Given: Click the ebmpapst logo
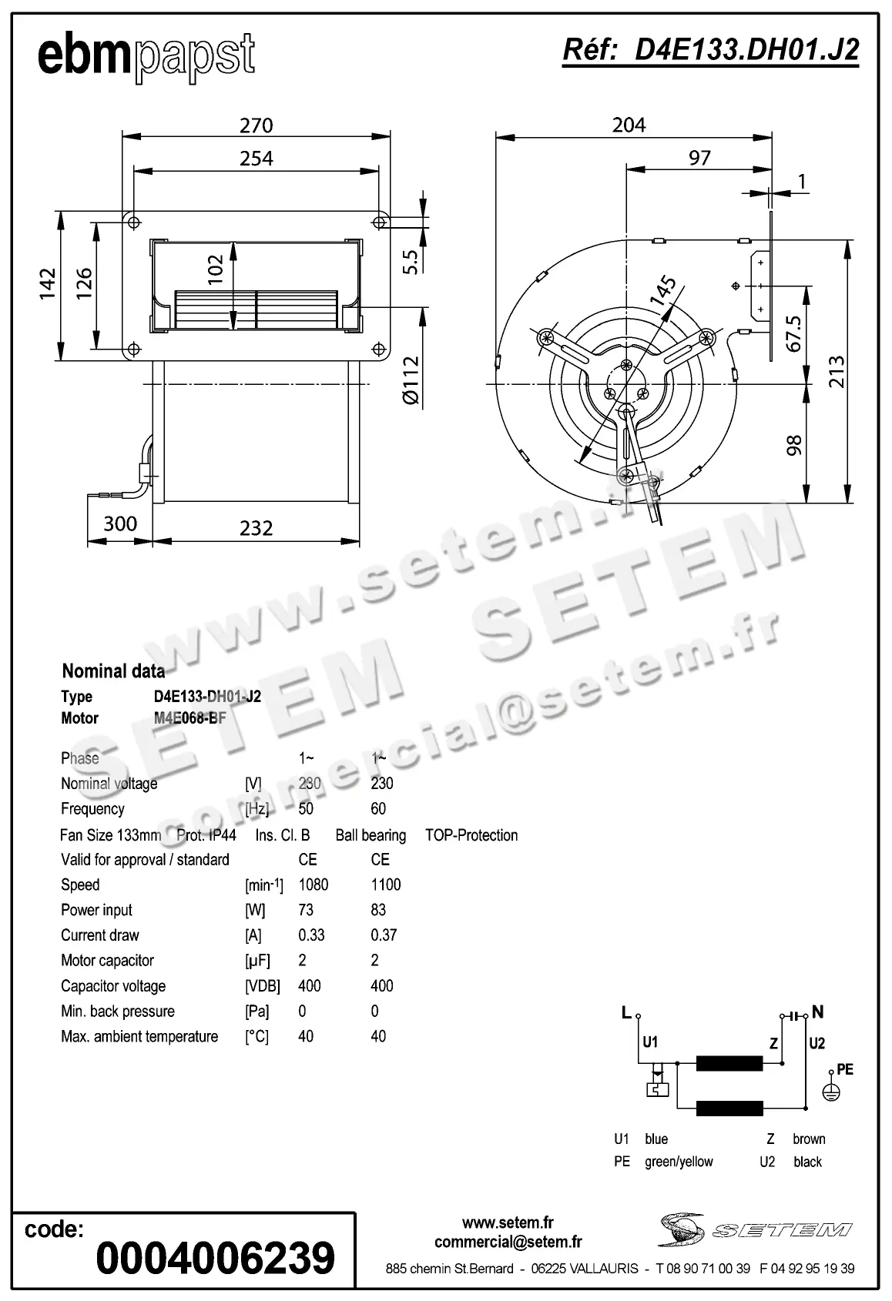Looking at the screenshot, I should pyautogui.click(x=146, y=56).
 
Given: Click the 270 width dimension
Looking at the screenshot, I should pyautogui.click(x=256, y=125).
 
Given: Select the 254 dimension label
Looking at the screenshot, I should pyautogui.click(x=256, y=159).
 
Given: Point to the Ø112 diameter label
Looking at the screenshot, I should pyautogui.click(x=411, y=380).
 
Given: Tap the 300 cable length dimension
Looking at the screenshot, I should pyautogui.click(x=120, y=523).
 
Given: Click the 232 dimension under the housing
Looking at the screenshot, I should pyautogui.click(x=256, y=528).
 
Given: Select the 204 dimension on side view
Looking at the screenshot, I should pyautogui.click(x=629, y=125).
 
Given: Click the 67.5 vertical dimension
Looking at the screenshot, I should pyautogui.click(x=794, y=333).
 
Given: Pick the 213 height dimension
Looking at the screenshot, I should pyautogui.click(x=837, y=371).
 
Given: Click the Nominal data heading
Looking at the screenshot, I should pyautogui.click(x=113, y=671).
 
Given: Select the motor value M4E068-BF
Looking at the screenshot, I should pyautogui.click(x=189, y=718).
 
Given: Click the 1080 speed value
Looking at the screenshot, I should pyautogui.click(x=314, y=885).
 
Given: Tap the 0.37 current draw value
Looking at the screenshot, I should pyautogui.click(x=384, y=935).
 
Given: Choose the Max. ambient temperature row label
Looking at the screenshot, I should pyautogui.click(x=139, y=1037).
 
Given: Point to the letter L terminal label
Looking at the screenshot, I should pyautogui.click(x=626, y=1013).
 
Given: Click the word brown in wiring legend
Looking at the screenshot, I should pyautogui.click(x=809, y=1139).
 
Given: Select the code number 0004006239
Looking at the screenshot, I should pyautogui.click(x=216, y=1258).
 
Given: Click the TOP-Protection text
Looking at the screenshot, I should pyautogui.click(x=471, y=835).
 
